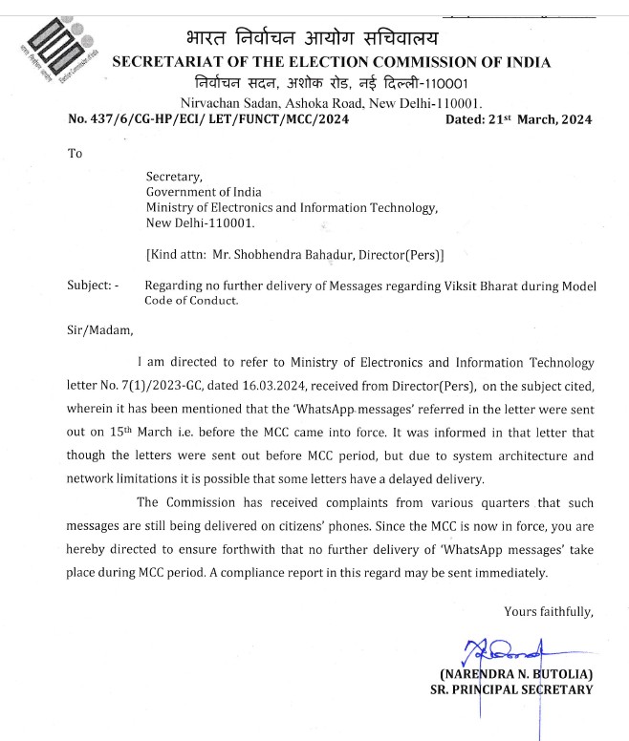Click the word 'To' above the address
(x=75, y=153)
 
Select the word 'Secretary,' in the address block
(x=174, y=177)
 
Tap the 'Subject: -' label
(x=94, y=286)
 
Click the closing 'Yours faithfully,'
(x=549, y=611)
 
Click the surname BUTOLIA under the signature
(x=559, y=675)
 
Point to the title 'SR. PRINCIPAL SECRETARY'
(x=510, y=689)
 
